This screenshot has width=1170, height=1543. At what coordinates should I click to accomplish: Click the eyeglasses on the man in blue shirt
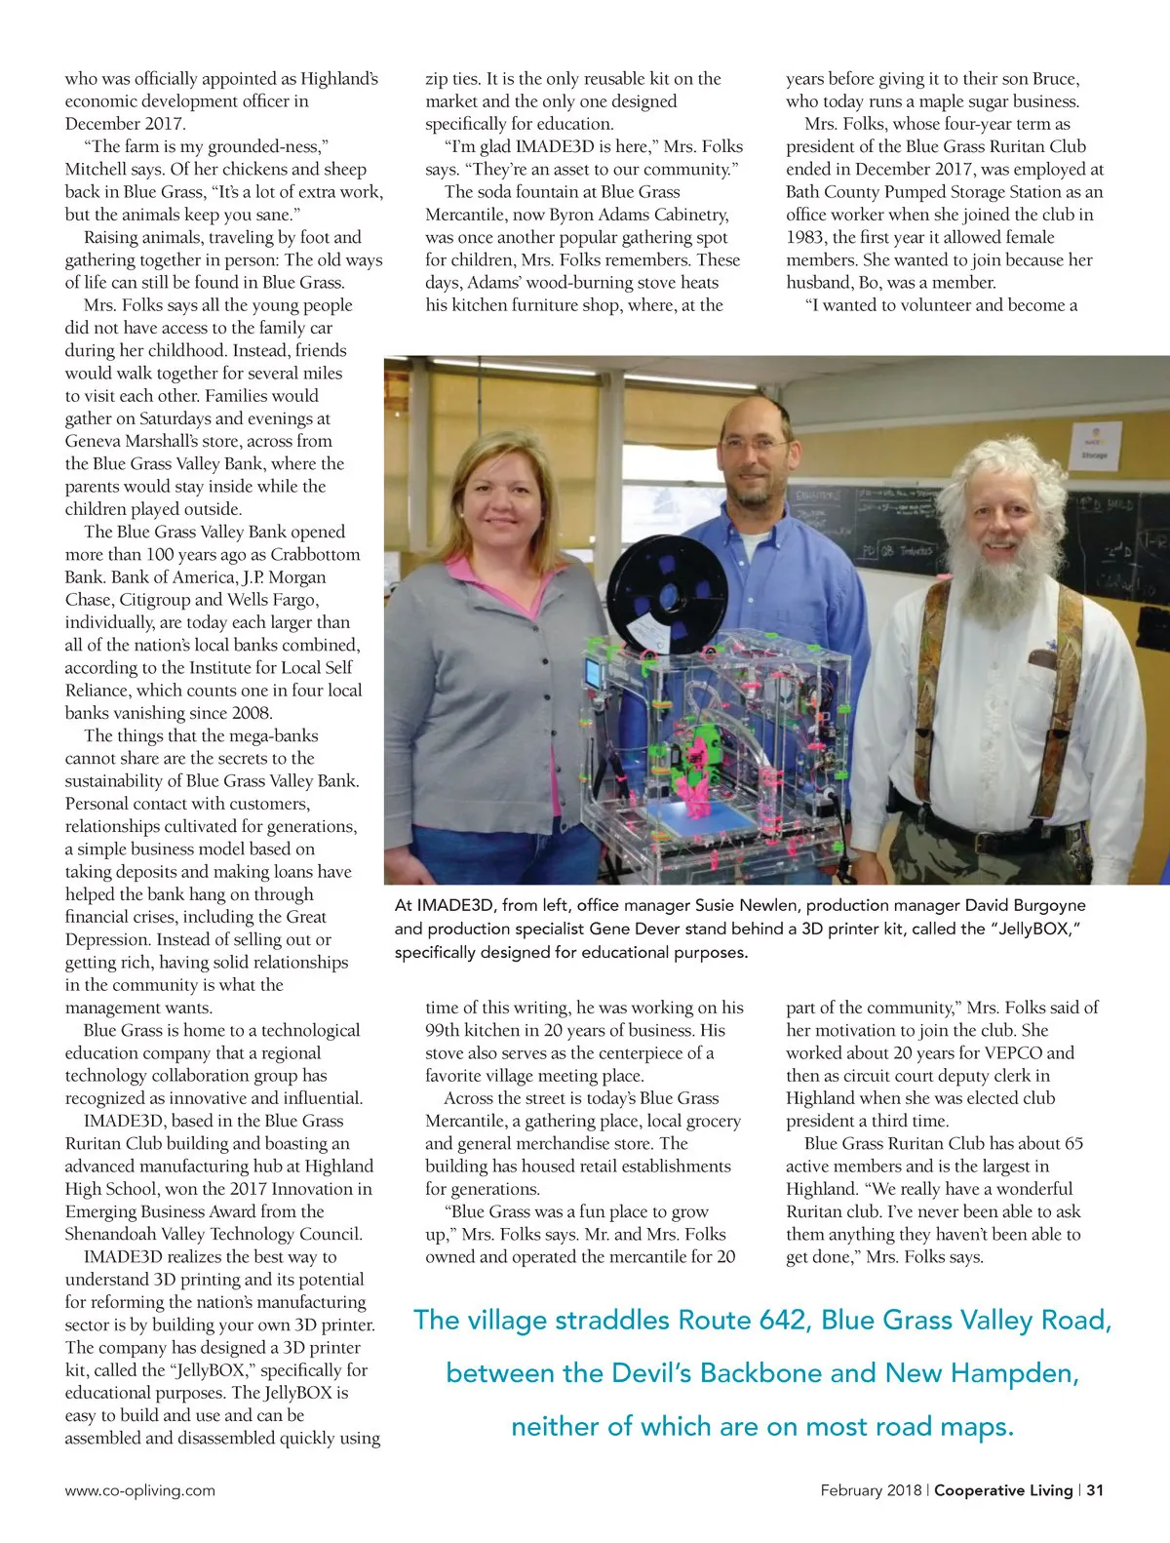tap(756, 444)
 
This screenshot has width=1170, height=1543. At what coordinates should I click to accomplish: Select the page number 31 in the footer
tap(1095, 1490)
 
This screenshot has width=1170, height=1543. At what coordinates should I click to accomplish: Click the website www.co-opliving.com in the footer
tap(139, 1490)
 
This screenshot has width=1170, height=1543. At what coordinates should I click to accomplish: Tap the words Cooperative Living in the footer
tap(1003, 1490)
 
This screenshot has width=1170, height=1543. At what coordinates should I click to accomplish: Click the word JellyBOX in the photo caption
tap(1037, 929)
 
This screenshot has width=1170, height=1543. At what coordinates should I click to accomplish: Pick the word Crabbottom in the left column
tap(315, 554)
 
